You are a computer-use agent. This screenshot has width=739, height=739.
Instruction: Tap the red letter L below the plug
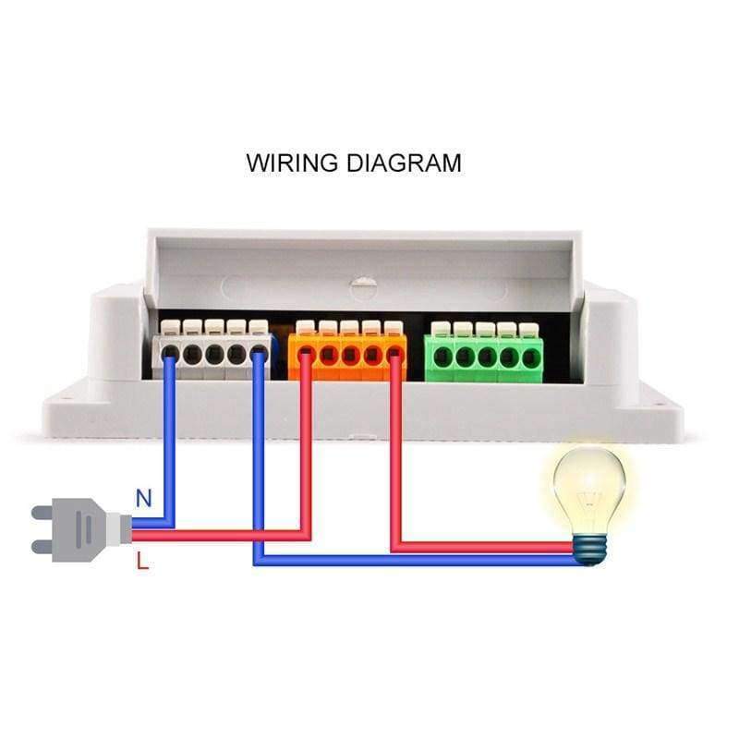(x=142, y=560)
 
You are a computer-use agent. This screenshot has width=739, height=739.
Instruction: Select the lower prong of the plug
(x=45, y=547)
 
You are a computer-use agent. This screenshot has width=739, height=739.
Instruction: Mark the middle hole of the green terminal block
(x=485, y=356)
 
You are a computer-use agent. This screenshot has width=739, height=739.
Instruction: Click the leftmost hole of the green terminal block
(x=442, y=356)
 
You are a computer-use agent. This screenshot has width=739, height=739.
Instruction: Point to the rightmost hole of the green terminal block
(x=529, y=356)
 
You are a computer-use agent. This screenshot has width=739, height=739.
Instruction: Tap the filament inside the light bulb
(x=588, y=499)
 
